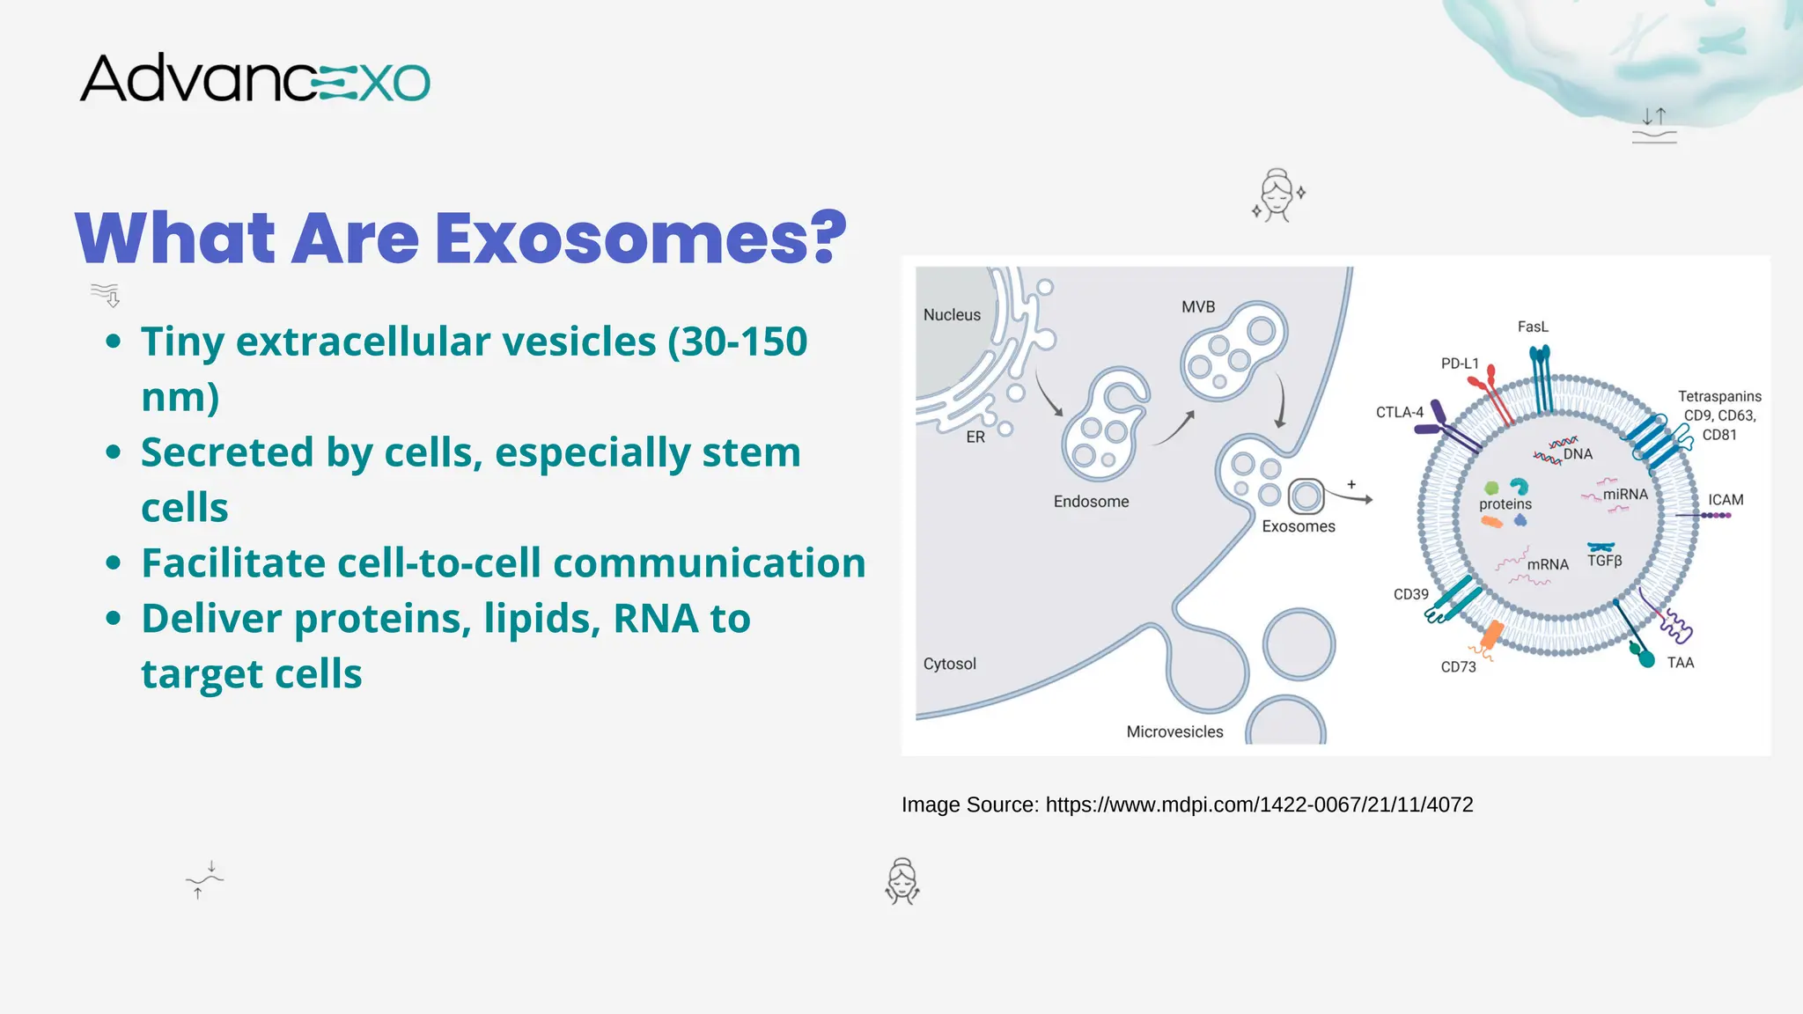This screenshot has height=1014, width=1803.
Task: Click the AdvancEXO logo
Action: (x=255, y=78)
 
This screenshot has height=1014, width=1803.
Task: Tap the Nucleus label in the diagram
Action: (x=952, y=315)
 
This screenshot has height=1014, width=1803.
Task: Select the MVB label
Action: (x=1198, y=307)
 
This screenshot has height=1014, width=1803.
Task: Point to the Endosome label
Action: (x=1091, y=502)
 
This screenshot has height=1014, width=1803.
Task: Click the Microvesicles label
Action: (x=1174, y=732)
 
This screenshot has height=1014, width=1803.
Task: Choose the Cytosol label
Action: (x=949, y=664)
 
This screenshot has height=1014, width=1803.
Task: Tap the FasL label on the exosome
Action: (x=1533, y=327)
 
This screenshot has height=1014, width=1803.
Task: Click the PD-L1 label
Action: (x=1460, y=364)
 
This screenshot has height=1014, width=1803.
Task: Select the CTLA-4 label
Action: (x=1399, y=412)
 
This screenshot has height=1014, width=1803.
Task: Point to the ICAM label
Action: (x=1726, y=500)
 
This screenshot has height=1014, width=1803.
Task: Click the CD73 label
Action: (x=1458, y=667)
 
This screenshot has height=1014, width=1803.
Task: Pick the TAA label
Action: (x=1680, y=663)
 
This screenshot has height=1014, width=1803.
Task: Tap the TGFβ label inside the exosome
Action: (x=1604, y=561)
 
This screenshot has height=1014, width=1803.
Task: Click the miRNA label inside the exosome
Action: (x=1624, y=495)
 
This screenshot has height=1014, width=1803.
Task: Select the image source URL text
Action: (x=1259, y=805)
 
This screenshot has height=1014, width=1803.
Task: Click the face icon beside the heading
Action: (x=1277, y=195)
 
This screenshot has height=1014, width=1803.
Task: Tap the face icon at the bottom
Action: (x=902, y=882)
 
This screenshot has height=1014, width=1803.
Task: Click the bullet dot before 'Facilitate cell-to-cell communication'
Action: (x=113, y=563)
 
